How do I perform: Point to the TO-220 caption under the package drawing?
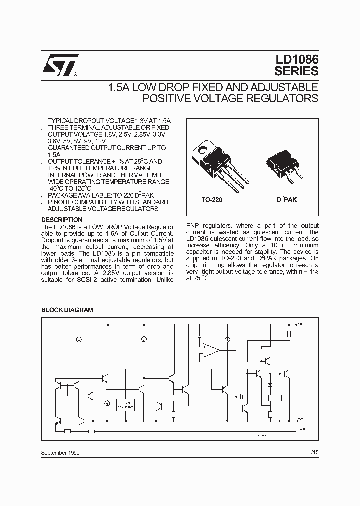coord(212,200)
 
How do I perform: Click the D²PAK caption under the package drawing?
coord(286,200)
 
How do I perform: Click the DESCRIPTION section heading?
coord(62,220)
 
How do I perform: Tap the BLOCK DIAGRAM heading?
coord(67,310)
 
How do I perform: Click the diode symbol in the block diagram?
coord(270,385)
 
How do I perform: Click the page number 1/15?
coord(313,452)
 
